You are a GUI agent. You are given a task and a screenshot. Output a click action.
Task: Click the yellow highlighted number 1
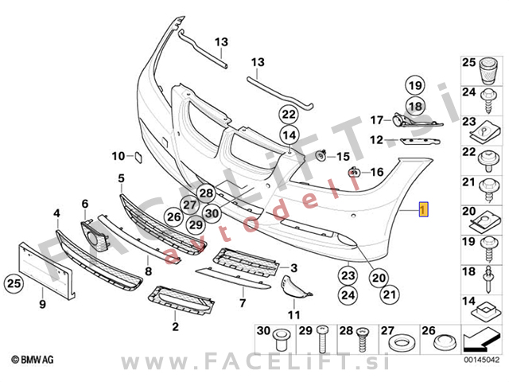coord(423,210)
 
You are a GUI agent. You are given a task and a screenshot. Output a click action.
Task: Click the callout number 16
coord(377,171)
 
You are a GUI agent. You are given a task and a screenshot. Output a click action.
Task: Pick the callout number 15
coord(344,155)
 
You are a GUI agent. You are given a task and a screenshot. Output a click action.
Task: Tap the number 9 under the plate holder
coord(43,303)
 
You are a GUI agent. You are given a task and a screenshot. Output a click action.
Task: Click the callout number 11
coord(293,315)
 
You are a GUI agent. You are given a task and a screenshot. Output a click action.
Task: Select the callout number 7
coord(243,303)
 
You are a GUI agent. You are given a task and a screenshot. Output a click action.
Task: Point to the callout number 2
coord(175,326)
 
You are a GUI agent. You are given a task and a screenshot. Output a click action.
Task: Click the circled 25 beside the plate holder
coord(13,282)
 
